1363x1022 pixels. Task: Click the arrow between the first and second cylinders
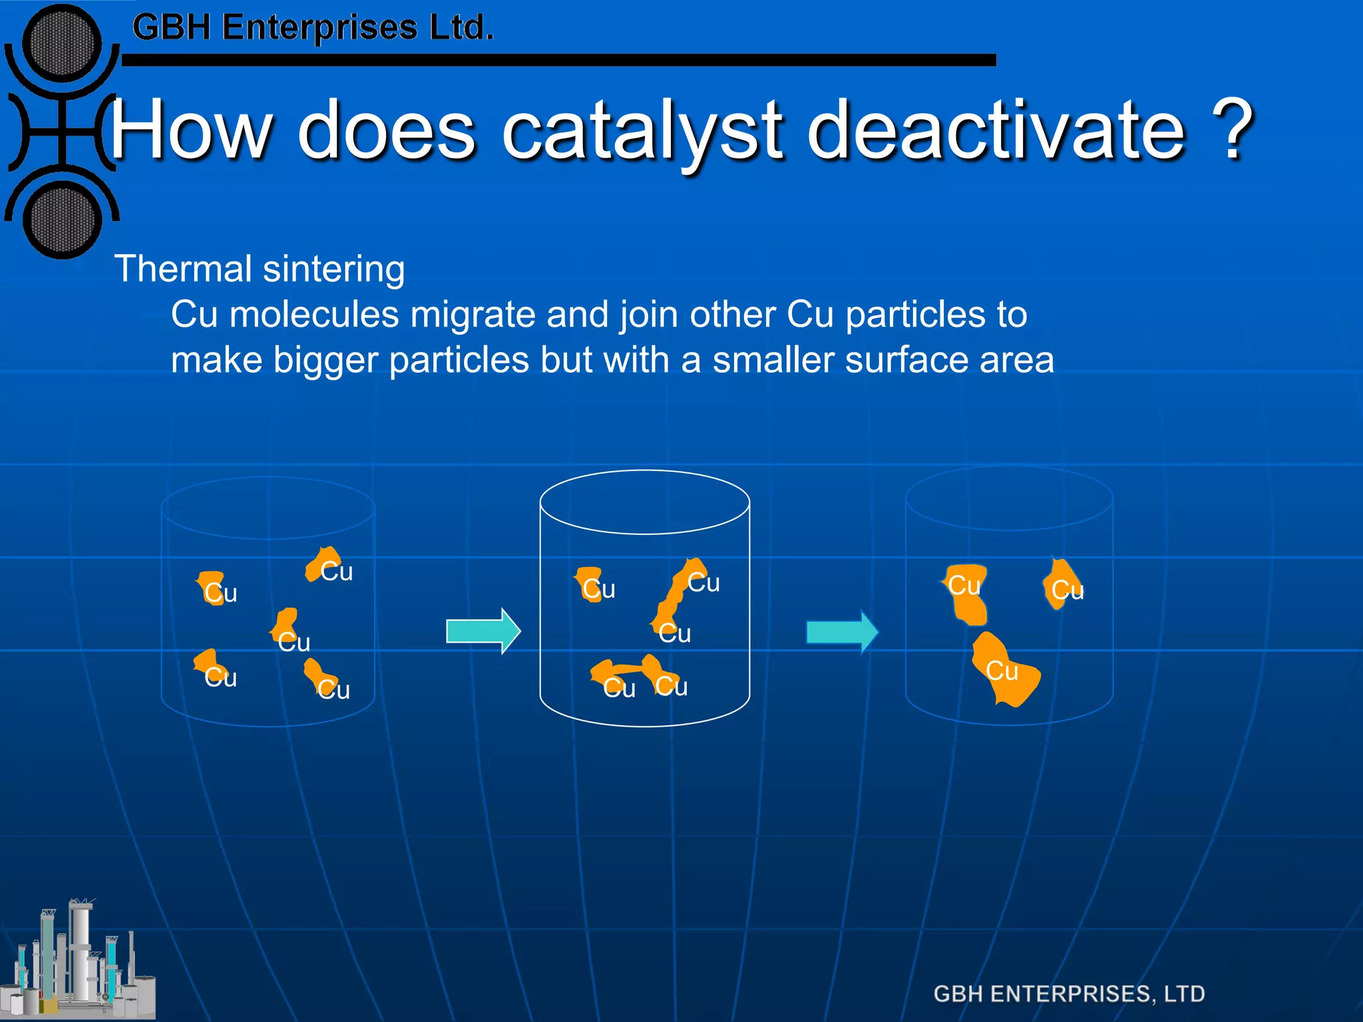[x=483, y=631]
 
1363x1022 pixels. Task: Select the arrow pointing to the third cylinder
[x=842, y=631]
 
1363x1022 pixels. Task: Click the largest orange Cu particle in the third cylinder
[x=1004, y=669]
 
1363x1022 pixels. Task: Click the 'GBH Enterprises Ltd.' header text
[x=313, y=28]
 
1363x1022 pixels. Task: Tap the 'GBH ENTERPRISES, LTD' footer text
[x=1069, y=993]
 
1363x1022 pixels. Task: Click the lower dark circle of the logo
[x=62, y=220]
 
